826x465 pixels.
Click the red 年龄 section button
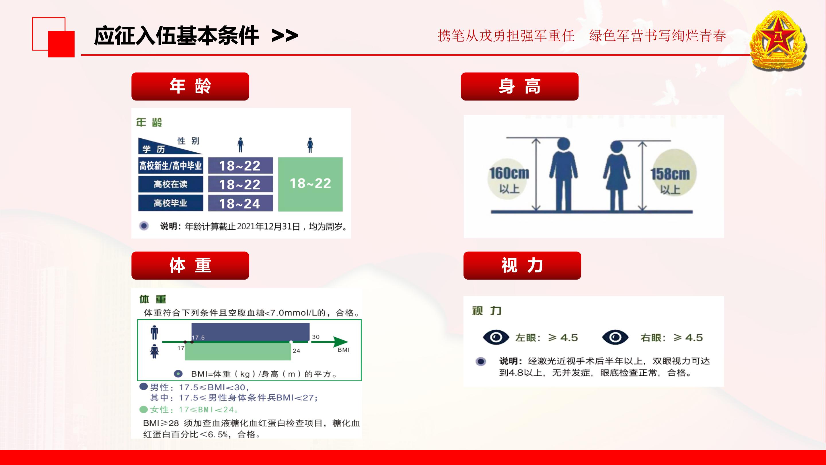click(x=190, y=86)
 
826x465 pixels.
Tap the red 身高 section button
click(x=519, y=86)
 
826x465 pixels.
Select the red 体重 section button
click(x=190, y=266)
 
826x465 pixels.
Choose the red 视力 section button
click(x=522, y=266)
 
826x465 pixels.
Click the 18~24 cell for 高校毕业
click(x=240, y=203)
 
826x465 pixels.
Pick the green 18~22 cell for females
click(x=310, y=184)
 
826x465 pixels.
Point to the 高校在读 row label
click(x=171, y=184)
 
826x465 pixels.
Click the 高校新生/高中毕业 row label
click(x=171, y=166)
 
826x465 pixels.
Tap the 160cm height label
click(x=509, y=174)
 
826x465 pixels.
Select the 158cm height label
click(x=670, y=174)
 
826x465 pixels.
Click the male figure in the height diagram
click(x=563, y=174)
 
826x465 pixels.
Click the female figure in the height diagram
click(x=616, y=176)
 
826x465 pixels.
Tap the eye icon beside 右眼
click(x=615, y=337)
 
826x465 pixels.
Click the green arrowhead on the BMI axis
click(x=340, y=342)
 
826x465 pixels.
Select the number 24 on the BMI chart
click(x=296, y=351)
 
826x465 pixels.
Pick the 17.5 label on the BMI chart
click(x=198, y=338)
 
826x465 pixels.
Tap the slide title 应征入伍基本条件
click(x=176, y=36)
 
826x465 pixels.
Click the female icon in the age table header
click(x=310, y=145)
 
